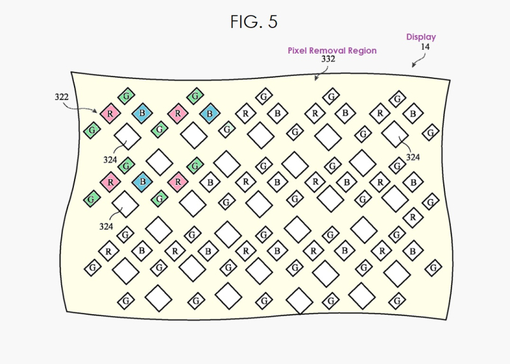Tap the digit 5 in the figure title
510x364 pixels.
pos(273,22)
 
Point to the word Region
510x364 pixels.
pos(364,50)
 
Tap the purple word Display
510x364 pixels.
pos(421,37)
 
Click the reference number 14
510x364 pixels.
pos(425,47)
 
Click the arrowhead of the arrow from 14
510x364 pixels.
pos(412,65)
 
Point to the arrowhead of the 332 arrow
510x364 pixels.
pos(316,79)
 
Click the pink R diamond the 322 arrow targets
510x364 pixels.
pos(111,113)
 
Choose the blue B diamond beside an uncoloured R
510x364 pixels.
pos(209,114)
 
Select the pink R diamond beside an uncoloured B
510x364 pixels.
pos(178,182)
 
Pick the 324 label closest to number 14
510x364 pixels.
pos(413,157)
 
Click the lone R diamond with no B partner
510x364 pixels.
pos(413,217)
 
